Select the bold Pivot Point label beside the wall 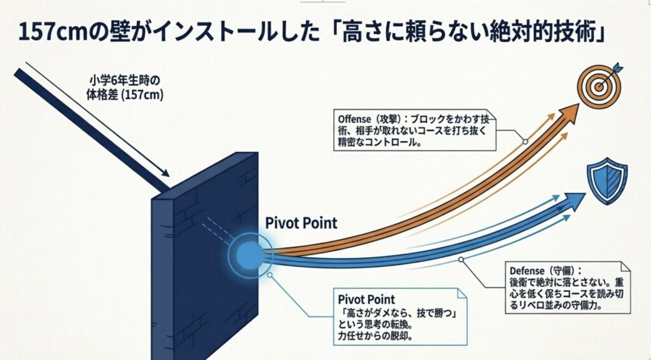[301, 223]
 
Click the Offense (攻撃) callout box [416, 130]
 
